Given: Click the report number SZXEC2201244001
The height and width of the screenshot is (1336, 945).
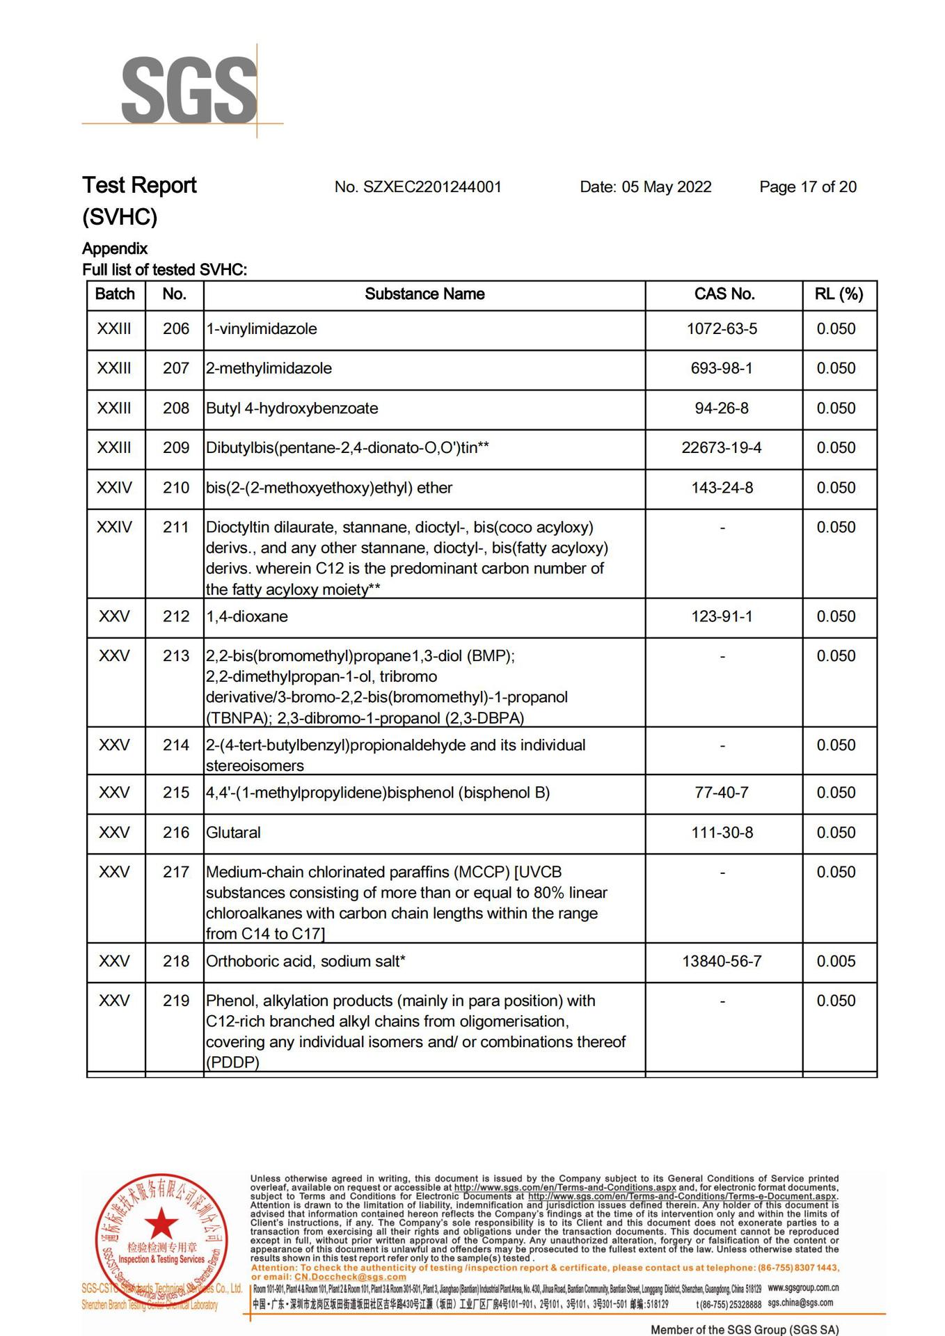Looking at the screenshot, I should (418, 187).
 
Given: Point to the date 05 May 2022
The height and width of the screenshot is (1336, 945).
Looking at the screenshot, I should (645, 187).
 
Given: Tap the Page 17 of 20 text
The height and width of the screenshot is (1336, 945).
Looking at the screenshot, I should (807, 187).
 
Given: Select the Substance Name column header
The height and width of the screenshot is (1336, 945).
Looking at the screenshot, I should (424, 294).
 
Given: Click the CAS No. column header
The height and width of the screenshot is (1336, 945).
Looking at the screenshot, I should (724, 294).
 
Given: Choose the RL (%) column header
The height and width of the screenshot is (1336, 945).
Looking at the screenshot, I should (839, 294).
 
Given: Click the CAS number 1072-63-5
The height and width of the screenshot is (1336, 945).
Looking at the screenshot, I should (722, 329).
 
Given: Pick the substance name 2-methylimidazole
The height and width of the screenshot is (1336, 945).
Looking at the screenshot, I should (269, 369).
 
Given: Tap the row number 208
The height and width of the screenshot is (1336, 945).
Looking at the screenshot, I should (175, 408).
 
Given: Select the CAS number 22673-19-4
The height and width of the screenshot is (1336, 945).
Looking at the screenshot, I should (722, 448).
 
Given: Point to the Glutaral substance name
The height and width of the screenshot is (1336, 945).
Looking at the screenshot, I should (233, 833).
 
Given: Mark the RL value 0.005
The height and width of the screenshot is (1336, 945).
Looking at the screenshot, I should (836, 962).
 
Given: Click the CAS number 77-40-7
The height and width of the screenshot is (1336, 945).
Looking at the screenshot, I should (722, 793).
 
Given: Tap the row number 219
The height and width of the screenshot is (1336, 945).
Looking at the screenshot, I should (175, 1001).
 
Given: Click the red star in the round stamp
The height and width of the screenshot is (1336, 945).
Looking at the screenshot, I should (161, 1223).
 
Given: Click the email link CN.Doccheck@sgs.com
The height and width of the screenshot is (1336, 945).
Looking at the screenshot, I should (350, 1277).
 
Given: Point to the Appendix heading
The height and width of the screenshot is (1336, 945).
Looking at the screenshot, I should (115, 249).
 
